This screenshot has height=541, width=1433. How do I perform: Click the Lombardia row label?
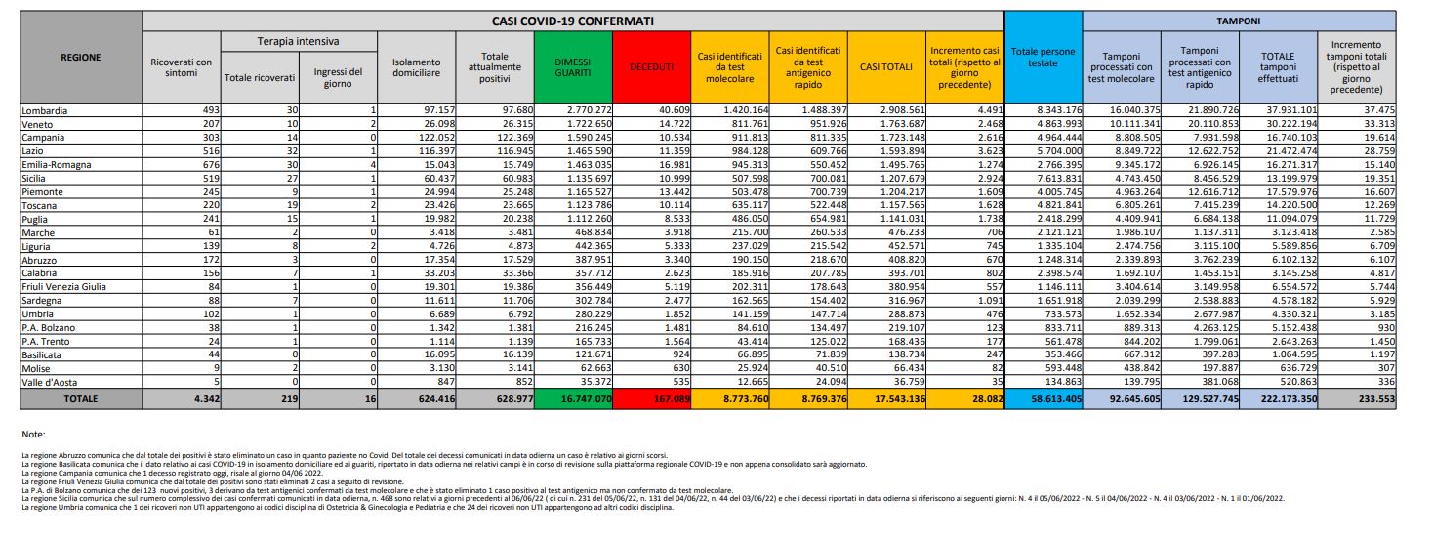[44, 111]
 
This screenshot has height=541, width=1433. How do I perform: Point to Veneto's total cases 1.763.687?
[891, 124]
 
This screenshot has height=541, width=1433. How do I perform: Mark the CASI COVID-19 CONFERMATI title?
[573, 20]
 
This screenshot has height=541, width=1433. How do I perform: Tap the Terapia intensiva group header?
[298, 42]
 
